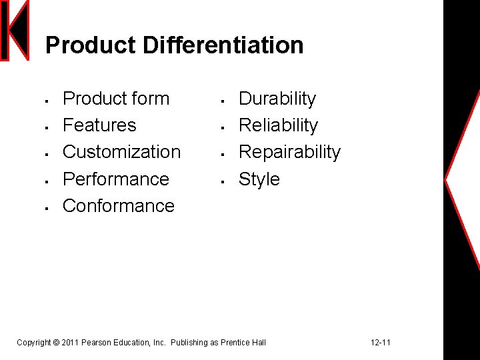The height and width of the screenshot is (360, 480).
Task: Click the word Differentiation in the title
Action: pos(223,45)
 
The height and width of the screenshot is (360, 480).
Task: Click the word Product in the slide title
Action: pos(91,45)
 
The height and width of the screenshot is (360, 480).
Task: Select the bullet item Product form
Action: pos(115,99)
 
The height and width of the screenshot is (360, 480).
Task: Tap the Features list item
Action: pos(99,125)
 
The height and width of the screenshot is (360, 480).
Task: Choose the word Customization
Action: pos(121,152)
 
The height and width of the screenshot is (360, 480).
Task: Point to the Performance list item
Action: pos(115,179)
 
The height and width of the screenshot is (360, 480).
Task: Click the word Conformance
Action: pos(118,206)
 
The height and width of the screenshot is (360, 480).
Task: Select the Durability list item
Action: pos(277,99)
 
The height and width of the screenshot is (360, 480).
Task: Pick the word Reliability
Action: pos(278,125)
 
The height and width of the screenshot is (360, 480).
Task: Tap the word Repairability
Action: pos(289,152)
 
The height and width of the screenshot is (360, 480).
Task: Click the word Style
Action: pos(259,179)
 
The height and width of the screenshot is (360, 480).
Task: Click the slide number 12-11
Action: pos(381,343)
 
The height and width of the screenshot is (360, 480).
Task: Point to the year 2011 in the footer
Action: pos(69,343)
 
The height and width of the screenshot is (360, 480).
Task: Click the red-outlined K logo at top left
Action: pos(15,31)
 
